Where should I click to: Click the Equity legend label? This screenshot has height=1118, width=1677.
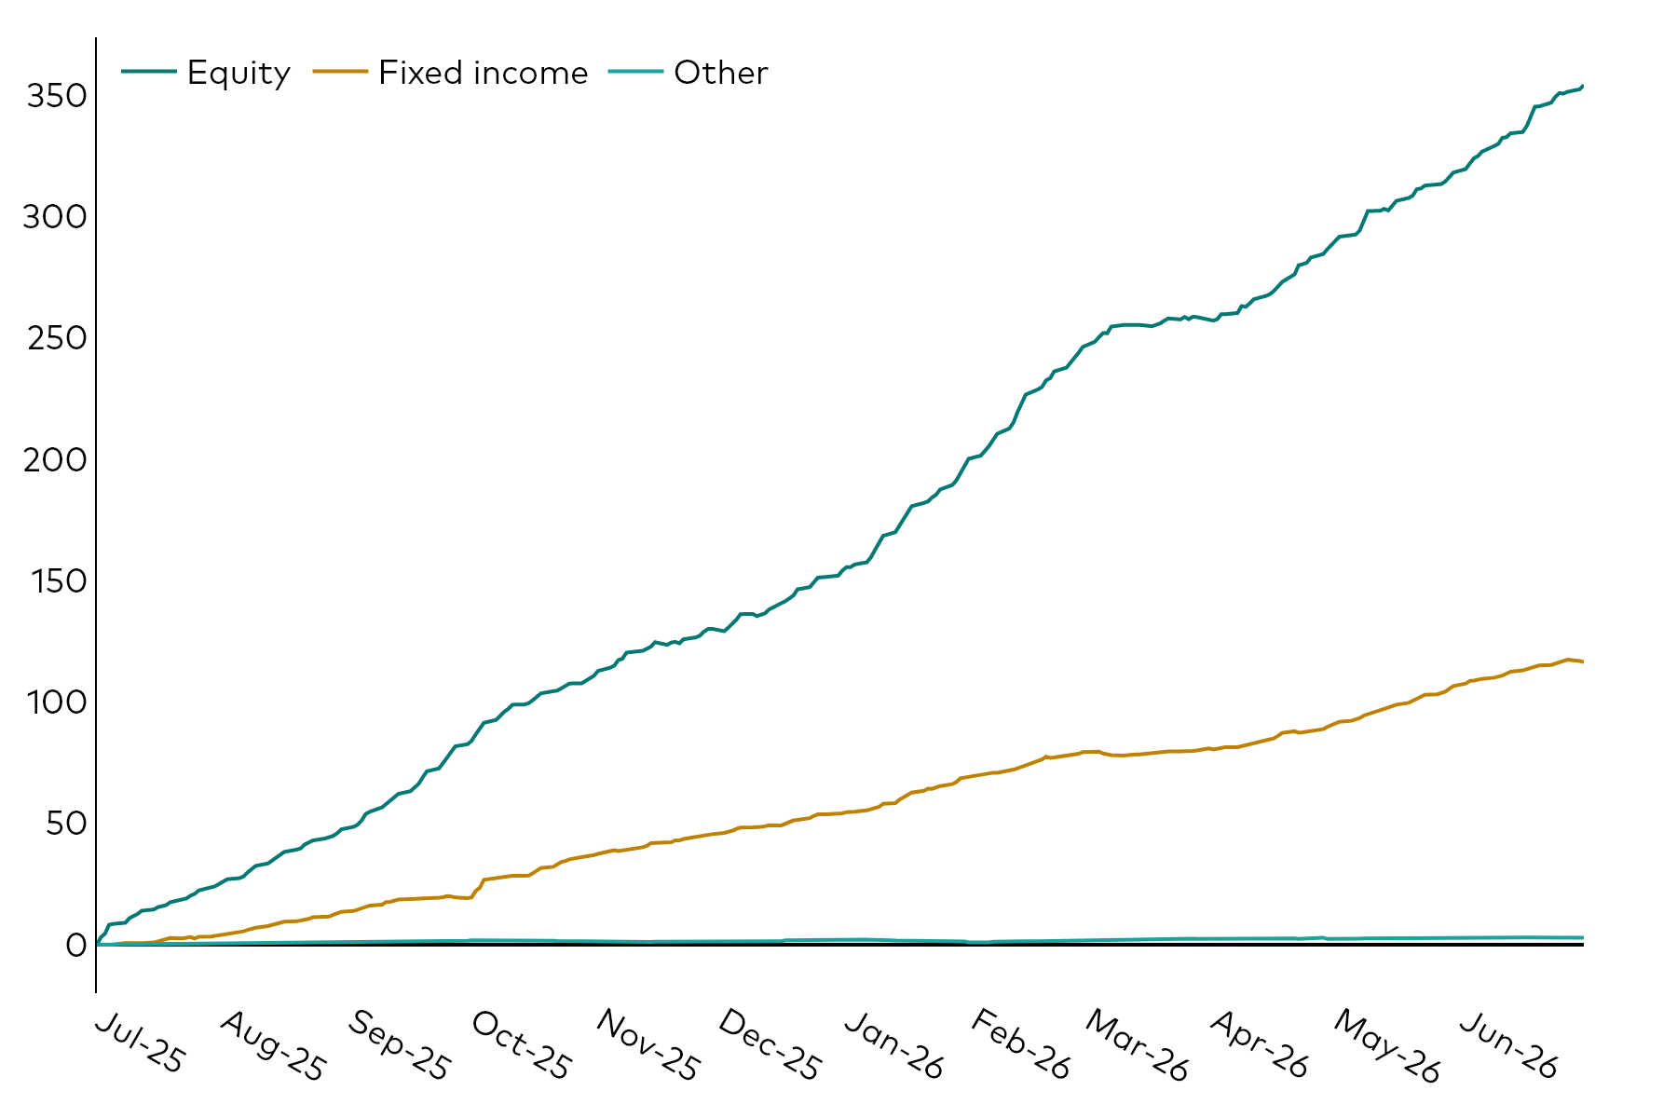(x=239, y=74)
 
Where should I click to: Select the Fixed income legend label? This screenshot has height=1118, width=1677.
(x=484, y=73)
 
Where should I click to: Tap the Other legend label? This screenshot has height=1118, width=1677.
(x=721, y=73)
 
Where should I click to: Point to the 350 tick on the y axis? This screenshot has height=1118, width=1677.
(x=56, y=96)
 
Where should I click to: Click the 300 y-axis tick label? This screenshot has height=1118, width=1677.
(x=56, y=217)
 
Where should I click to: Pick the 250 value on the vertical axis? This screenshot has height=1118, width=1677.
(x=56, y=338)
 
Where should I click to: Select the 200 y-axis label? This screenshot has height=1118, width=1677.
(x=56, y=459)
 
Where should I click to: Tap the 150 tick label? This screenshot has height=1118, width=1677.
(x=58, y=581)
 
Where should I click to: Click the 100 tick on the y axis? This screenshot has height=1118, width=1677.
(x=58, y=702)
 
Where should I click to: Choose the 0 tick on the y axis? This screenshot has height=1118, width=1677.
(x=76, y=945)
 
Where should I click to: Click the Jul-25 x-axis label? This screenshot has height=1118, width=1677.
(x=141, y=1044)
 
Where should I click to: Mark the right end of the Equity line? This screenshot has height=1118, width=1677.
(x=1583, y=86)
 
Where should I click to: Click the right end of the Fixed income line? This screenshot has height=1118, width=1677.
(x=1583, y=661)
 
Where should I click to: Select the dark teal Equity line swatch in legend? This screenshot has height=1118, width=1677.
(x=148, y=72)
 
